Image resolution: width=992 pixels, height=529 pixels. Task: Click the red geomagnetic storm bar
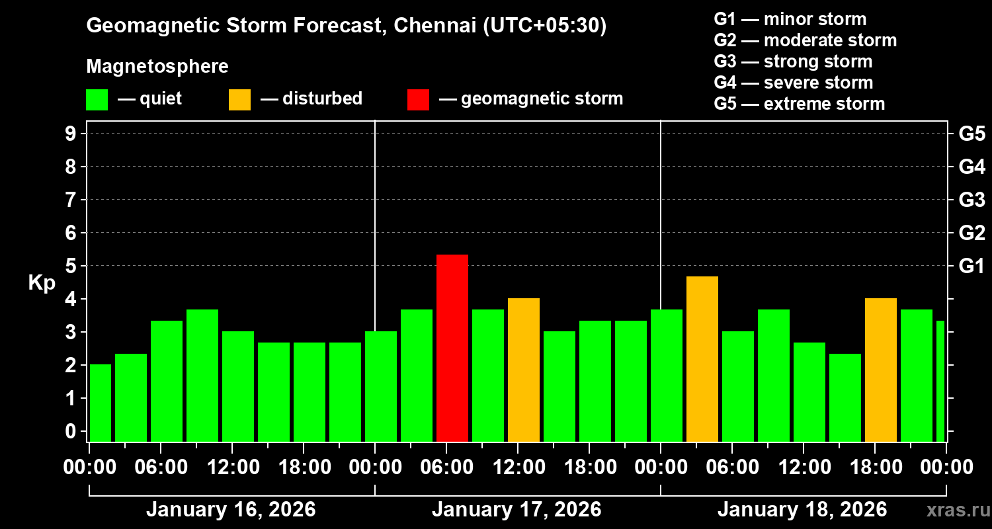[452, 348]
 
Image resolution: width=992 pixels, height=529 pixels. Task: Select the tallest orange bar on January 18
[702, 359]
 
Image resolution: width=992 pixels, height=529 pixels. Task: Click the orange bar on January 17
[524, 370]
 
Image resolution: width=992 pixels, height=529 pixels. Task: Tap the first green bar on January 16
[100, 403]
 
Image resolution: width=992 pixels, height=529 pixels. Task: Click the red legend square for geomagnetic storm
[418, 99]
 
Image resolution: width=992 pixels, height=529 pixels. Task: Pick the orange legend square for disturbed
[239, 99]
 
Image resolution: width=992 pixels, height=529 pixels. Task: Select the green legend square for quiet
[97, 99]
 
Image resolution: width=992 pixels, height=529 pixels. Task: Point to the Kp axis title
[42, 282]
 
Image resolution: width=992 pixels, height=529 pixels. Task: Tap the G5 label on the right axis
[971, 134]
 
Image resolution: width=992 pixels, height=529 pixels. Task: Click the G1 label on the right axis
[971, 266]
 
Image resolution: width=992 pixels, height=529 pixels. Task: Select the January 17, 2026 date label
[517, 510]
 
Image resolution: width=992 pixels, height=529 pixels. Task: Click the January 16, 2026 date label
[231, 510]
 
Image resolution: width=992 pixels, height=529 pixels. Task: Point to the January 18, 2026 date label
[802, 510]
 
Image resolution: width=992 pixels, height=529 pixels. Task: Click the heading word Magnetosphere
[157, 67]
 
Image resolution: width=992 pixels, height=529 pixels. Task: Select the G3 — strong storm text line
[793, 61]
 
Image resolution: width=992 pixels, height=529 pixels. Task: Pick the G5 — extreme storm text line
[799, 104]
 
